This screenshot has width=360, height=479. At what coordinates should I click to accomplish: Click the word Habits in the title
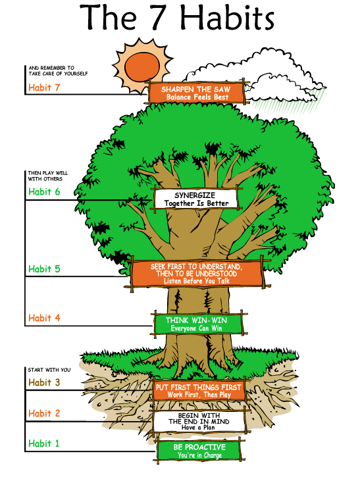(x=227, y=17)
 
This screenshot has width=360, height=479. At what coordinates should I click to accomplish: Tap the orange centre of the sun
(x=142, y=67)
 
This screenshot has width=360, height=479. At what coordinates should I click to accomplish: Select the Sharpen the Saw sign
(x=197, y=93)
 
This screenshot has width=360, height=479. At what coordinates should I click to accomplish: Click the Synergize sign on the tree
(x=196, y=199)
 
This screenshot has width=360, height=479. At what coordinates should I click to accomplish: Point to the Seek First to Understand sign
(x=197, y=274)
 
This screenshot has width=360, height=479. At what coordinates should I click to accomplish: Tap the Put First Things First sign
(x=199, y=391)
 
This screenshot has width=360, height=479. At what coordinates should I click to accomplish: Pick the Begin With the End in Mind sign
(x=199, y=421)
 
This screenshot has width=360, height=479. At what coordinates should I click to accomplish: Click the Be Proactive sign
(x=199, y=451)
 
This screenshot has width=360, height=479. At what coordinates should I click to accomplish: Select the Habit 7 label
(x=44, y=88)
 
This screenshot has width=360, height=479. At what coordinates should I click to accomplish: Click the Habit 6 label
(x=44, y=191)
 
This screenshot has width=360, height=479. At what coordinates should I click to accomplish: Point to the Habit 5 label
(x=44, y=269)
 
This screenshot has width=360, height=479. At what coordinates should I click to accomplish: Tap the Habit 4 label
(x=44, y=318)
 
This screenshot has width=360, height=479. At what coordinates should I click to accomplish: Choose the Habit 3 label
(x=44, y=382)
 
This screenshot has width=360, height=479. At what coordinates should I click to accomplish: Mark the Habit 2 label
(x=44, y=413)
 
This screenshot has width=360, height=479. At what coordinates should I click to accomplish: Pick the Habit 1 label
(x=43, y=443)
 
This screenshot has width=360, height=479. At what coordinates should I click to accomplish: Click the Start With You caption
(x=49, y=370)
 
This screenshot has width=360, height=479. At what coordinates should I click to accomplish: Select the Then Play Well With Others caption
(x=47, y=176)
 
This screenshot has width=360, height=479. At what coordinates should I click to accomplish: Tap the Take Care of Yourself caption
(x=58, y=70)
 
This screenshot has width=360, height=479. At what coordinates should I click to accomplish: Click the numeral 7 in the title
(x=159, y=18)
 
